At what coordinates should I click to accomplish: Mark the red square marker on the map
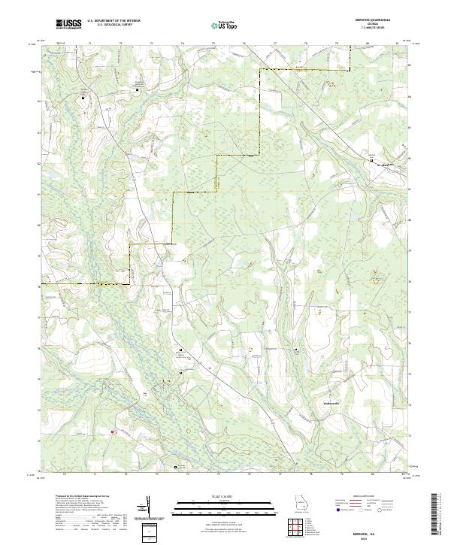pos(112,431)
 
